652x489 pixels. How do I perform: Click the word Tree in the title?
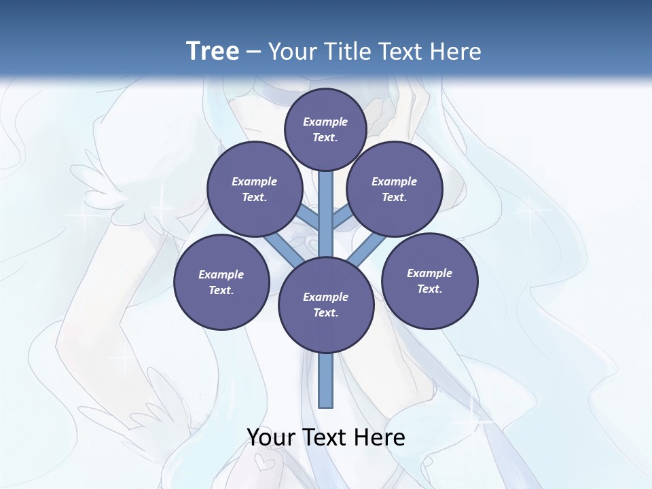coord(212,51)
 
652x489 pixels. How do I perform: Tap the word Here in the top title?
coord(458,51)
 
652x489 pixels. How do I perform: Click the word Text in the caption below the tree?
coord(327,437)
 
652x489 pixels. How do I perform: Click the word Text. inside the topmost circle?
coord(325,137)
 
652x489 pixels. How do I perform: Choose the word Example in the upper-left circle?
coord(254,181)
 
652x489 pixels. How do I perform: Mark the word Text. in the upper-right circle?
coord(394,197)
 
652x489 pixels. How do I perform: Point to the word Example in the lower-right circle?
coord(429,273)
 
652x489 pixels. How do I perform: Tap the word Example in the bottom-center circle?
coord(325,297)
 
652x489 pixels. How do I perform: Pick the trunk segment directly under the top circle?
coord(326,204)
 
